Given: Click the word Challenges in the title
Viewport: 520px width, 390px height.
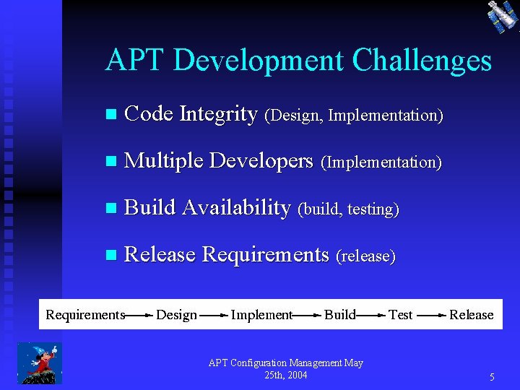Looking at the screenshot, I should tap(422, 61).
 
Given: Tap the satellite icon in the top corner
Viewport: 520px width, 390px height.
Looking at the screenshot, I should tap(502, 16).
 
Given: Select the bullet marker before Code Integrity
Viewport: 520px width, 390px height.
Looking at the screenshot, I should tap(110, 115).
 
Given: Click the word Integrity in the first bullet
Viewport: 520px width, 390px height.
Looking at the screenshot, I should tap(218, 114).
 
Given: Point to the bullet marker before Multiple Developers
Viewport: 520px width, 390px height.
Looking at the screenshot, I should tap(110, 162).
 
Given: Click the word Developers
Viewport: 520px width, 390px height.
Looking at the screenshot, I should tap(261, 161).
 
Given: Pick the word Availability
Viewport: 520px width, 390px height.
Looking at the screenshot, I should tap(236, 208).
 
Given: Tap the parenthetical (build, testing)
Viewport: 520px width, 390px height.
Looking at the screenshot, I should tap(348, 209).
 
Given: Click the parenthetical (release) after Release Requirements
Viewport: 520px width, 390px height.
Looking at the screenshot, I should tap(365, 256).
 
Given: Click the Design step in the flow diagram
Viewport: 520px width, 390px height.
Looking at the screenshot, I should tap(176, 315).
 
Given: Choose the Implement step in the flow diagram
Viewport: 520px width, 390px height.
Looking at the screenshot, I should tap(261, 315).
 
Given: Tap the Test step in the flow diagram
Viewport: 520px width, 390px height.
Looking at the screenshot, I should tap(400, 315).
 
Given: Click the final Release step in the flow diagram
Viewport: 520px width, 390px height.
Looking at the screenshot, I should tap(471, 315).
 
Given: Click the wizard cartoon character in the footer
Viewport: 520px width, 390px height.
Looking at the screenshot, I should tap(40, 363).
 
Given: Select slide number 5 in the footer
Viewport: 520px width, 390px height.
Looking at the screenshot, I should tap(492, 377).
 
